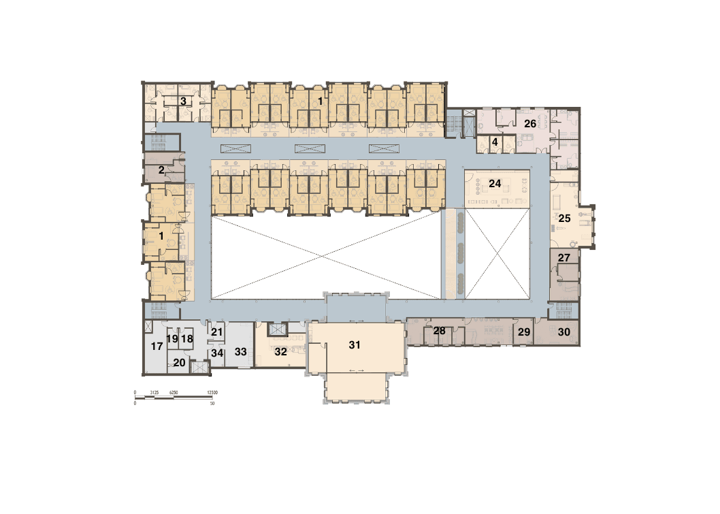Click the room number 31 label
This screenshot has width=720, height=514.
(355, 345)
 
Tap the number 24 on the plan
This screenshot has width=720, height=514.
(495, 184)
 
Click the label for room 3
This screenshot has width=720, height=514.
(183, 101)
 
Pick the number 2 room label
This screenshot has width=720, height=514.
(161, 170)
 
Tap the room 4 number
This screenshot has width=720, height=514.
(495, 142)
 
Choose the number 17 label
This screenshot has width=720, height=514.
(157, 347)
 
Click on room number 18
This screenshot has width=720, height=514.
(187, 338)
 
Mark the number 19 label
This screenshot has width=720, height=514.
(172, 338)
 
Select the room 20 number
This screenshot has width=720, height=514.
(179, 363)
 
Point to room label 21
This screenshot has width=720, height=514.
(217, 332)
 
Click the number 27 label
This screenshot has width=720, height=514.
(563, 258)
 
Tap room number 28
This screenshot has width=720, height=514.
(440, 331)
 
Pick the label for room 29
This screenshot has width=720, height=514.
(524, 332)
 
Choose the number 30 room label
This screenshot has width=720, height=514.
(564, 332)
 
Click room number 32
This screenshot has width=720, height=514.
(281, 352)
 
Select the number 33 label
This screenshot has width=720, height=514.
(240, 352)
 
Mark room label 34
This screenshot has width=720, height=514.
(217, 353)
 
